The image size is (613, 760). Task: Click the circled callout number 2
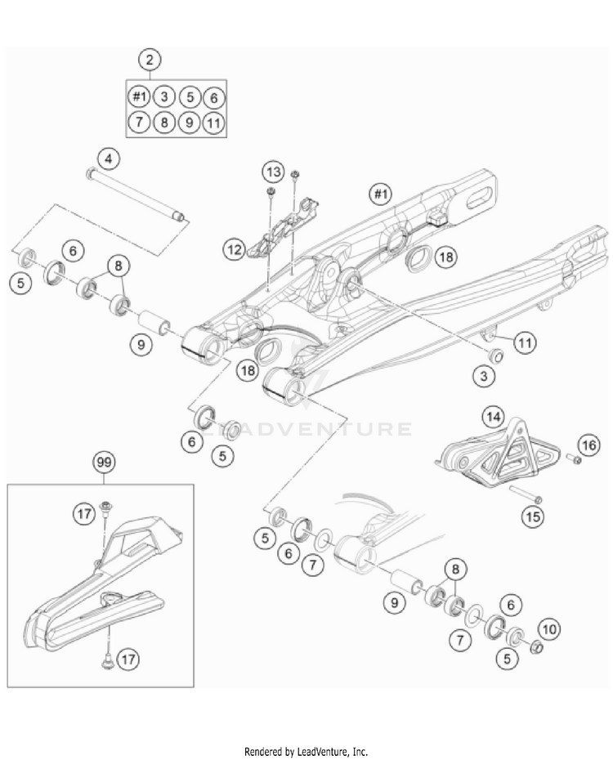click(x=149, y=60)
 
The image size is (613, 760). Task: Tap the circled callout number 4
click(x=108, y=158)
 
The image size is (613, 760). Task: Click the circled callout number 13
click(x=273, y=172)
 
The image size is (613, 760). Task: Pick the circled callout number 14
click(x=492, y=417)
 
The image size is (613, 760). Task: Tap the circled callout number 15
click(x=533, y=517)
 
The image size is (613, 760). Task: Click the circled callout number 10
click(x=548, y=629)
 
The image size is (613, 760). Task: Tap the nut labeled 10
click(x=538, y=649)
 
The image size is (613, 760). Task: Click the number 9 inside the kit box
click(x=189, y=123)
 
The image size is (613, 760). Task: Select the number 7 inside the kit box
click(x=139, y=123)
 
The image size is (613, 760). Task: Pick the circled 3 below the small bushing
click(x=486, y=375)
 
